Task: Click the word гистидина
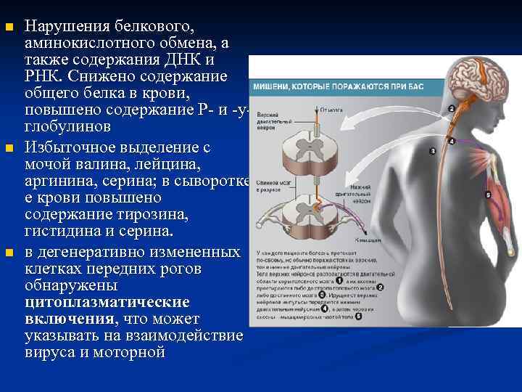click(x=65, y=232)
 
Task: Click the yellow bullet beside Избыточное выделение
click(x=9, y=149)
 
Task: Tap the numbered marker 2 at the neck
click(x=452, y=109)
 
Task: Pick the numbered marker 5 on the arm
click(x=487, y=195)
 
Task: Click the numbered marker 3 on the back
click(x=433, y=151)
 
